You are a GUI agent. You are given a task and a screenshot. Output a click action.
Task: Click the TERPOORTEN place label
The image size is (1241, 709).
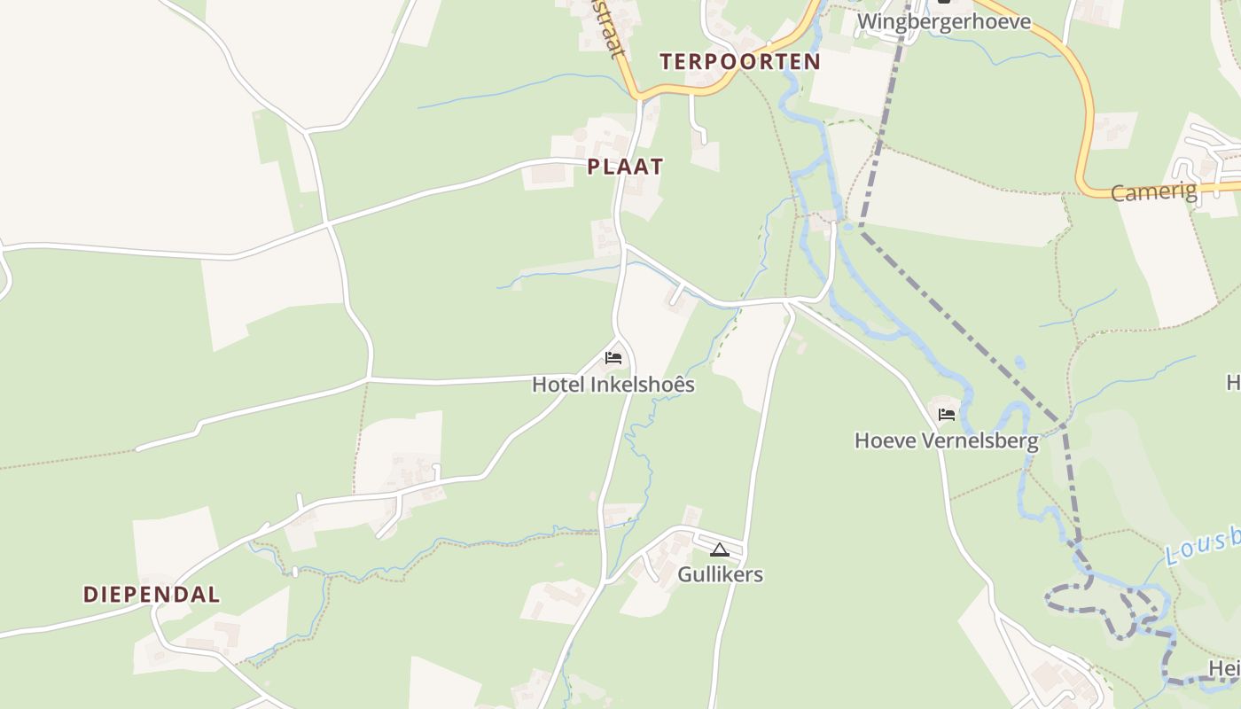pyautogui.click(x=740, y=62)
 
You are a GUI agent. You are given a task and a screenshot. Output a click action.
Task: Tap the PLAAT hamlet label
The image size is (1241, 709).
pyautogui.click(x=625, y=167)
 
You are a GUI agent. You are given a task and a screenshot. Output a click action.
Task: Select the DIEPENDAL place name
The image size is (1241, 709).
pyautogui.click(x=152, y=595)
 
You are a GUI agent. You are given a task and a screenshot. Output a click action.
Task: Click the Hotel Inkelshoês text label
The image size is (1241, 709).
pyautogui.click(x=613, y=385)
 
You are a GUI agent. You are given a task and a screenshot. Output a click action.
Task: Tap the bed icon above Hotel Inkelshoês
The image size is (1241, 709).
pyautogui.click(x=613, y=358)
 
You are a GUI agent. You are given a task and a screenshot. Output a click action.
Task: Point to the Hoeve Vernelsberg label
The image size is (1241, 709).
pyautogui.click(x=946, y=440)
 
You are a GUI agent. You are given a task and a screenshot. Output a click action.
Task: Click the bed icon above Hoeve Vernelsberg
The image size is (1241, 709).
pyautogui.click(x=947, y=414)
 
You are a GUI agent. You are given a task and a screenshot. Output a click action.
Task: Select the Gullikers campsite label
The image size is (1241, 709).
pyautogui.click(x=720, y=574)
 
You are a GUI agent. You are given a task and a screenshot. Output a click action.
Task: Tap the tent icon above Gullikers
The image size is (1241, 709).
pyautogui.click(x=719, y=549)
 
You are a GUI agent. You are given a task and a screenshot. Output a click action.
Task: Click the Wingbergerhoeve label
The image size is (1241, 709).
pyautogui.click(x=944, y=21)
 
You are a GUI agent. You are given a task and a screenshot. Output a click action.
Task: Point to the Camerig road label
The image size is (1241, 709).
pyautogui.click(x=1153, y=191)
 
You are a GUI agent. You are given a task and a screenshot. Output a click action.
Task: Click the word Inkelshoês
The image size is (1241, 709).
pyautogui.click(x=643, y=385)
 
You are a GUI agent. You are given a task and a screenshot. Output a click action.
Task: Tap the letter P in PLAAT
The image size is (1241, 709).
pyautogui.click(x=593, y=167)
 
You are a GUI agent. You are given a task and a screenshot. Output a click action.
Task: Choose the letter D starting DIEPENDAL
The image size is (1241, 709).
pyautogui.click(x=90, y=595)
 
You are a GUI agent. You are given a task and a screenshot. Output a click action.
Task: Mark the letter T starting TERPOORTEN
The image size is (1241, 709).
pyautogui.click(x=666, y=62)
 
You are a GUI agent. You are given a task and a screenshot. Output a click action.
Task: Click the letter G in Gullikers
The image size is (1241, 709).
pyautogui.click(x=685, y=574)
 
